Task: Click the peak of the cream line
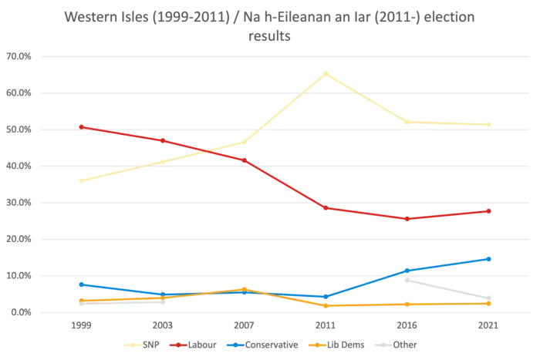(x=326, y=72)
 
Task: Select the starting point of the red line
(x=81, y=126)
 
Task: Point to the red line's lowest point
(x=408, y=219)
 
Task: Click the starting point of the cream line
(x=81, y=180)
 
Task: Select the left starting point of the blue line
(x=81, y=284)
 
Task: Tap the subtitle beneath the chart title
(x=270, y=35)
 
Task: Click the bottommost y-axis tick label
(x=18, y=313)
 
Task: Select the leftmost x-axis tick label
(x=81, y=327)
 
